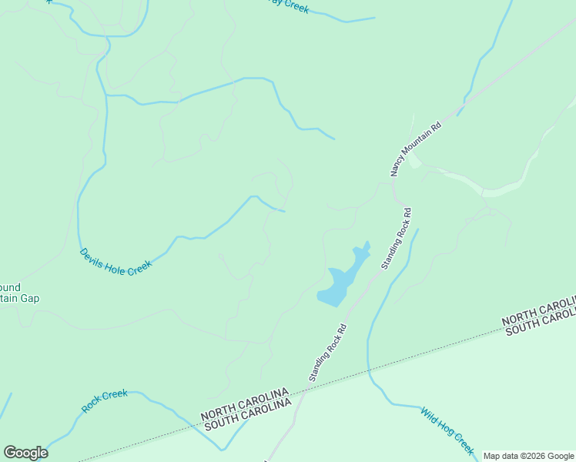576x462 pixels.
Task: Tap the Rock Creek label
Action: [x=105, y=400]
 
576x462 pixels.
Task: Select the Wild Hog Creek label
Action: [x=447, y=430]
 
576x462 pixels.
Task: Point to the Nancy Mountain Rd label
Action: [x=415, y=149]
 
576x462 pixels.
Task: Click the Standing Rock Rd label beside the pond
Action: [x=396, y=238]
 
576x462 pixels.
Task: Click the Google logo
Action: [x=25, y=453]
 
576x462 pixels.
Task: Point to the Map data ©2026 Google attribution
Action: [x=528, y=456]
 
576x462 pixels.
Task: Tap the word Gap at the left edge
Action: [x=30, y=299]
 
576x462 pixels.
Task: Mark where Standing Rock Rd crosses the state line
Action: [x=302, y=392]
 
